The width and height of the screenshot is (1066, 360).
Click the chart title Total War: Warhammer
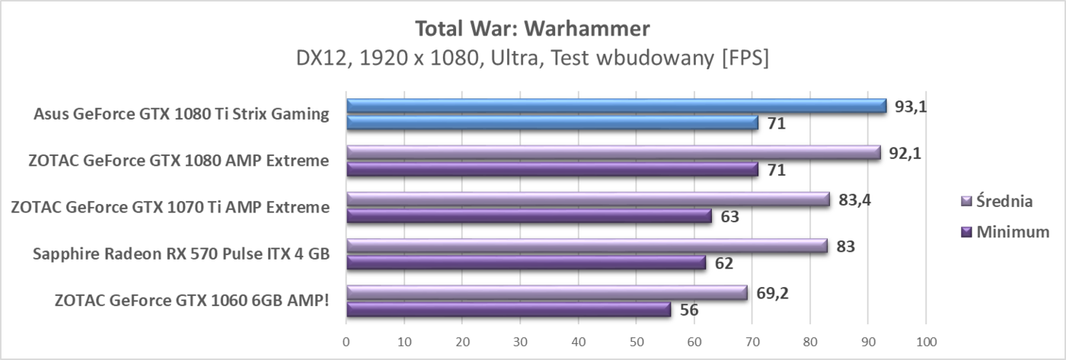point(532,30)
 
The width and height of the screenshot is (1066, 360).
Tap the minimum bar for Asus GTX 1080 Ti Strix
point(551,123)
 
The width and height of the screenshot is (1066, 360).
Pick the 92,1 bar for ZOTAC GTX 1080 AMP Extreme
point(613,152)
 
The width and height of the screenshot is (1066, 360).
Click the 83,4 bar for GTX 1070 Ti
point(587,199)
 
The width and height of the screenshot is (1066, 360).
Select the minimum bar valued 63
point(528,216)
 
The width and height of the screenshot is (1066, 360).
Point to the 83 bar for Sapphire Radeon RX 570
point(586,246)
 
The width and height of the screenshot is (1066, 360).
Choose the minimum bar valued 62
point(525,263)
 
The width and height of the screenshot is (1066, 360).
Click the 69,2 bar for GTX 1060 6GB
point(546,292)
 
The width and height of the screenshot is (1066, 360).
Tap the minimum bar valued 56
point(508,310)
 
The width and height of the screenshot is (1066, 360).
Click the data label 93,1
point(910,107)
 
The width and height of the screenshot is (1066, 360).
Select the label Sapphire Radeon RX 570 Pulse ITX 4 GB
point(181,254)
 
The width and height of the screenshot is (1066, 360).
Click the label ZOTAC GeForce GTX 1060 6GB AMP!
point(193,301)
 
